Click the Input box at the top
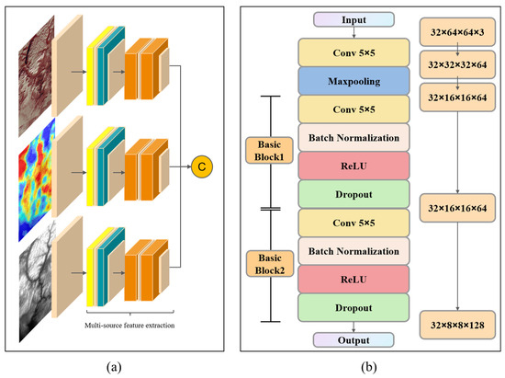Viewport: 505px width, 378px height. (x=353, y=19)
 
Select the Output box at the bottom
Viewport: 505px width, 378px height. (x=353, y=340)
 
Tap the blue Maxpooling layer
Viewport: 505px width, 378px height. (x=353, y=81)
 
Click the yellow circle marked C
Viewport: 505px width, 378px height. (x=202, y=166)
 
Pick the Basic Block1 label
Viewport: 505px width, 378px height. (x=269, y=150)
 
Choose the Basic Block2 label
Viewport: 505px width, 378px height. (x=270, y=264)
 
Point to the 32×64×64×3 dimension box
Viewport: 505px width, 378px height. (x=457, y=32)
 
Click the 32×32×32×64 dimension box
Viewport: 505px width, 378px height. (x=457, y=64)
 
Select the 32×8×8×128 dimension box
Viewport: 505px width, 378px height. (x=457, y=325)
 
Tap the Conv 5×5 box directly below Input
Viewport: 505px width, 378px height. (x=353, y=52)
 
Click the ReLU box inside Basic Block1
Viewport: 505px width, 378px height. (x=353, y=166)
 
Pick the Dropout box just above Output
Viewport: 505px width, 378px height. (x=353, y=308)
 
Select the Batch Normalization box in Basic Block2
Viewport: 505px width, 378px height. (x=353, y=251)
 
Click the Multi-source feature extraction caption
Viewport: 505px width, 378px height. (x=129, y=325)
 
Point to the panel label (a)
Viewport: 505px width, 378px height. (x=114, y=367)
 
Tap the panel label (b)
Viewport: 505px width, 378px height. (x=369, y=367)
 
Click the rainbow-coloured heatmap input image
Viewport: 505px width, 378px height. (x=37, y=179)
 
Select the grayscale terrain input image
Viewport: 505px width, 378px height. (x=38, y=281)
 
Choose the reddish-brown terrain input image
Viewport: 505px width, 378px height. (x=37, y=76)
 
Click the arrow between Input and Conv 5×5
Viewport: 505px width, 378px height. (x=353, y=32)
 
